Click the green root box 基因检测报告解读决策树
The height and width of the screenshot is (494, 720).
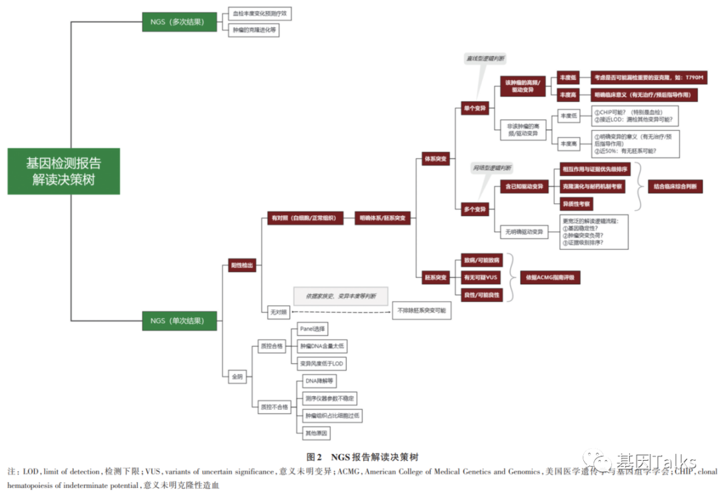click(63, 171)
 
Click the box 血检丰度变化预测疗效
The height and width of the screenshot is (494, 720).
click(261, 13)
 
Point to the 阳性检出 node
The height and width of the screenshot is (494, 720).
click(241, 265)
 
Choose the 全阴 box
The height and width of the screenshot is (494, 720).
click(237, 376)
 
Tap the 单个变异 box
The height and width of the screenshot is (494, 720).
click(475, 108)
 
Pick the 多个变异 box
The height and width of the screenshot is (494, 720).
click(475, 209)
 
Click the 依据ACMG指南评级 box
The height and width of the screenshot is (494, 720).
click(549, 277)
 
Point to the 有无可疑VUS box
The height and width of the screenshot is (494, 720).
click(480, 277)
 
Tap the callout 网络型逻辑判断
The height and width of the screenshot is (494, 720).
click(493, 167)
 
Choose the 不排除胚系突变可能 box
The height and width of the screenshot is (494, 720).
click(421, 311)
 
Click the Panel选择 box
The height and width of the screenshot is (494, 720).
click(313, 329)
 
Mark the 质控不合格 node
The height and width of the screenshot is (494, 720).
click(274, 406)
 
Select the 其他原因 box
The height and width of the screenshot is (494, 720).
click(316, 433)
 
